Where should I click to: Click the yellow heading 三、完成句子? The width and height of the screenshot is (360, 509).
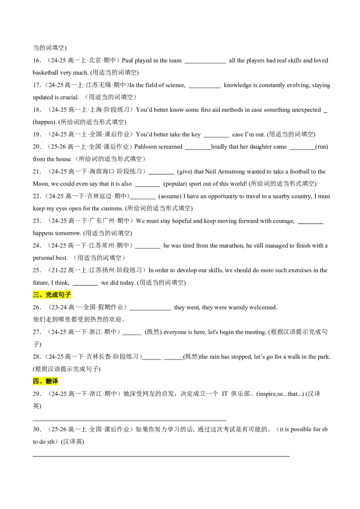tap(52, 295)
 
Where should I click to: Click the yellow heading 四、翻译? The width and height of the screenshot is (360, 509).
tap(45, 381)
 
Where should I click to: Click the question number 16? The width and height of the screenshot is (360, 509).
tap(37, 60)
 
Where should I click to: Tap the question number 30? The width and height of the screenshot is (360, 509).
tap(37, 429)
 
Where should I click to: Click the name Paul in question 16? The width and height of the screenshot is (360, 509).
tap(127, 60)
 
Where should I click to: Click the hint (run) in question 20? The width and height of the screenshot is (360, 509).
tap(322, 147)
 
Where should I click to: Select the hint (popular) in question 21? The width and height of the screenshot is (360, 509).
tap(175, 184)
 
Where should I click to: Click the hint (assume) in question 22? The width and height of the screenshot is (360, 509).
tap(170, 196)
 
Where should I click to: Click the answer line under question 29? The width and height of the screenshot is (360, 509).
tap(130, 420)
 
